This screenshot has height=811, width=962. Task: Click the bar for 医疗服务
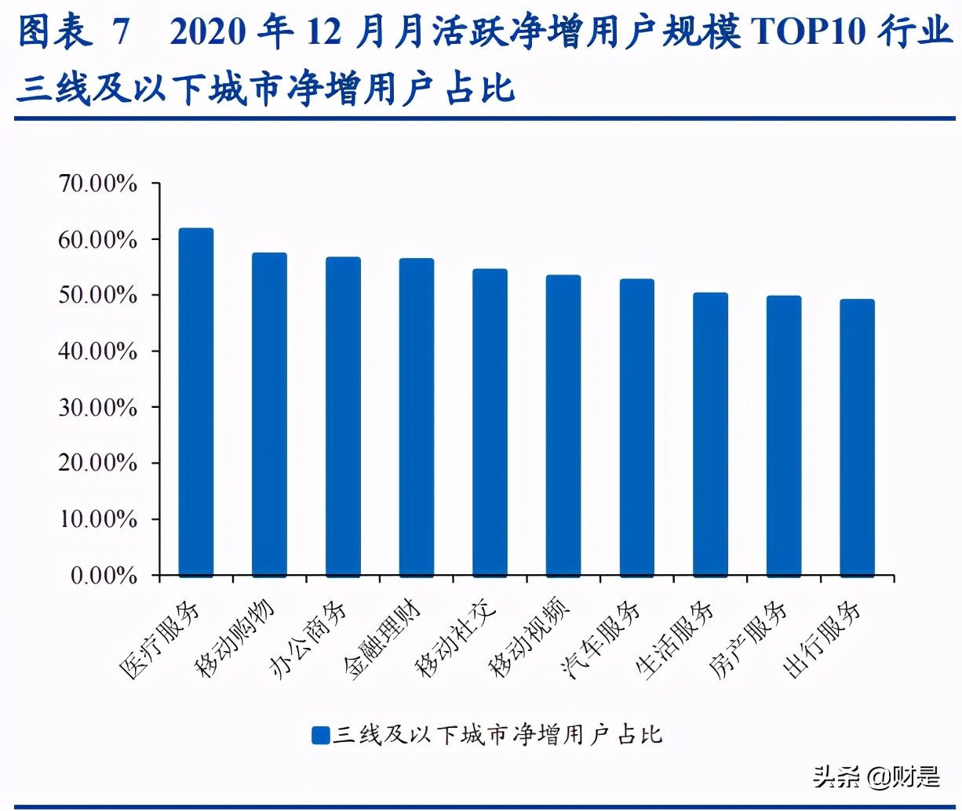pos(196,402)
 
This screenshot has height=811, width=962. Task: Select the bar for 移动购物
pos(269,415)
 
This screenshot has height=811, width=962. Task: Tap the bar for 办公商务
pos(343,417)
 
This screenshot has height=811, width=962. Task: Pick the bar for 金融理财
pos(417,418)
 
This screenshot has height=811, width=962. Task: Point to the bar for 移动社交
pos(490,423)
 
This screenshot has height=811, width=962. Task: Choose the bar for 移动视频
pos(563,426)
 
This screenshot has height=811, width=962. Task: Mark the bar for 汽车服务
pos(636,428)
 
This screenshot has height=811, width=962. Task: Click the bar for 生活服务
pos(710,435)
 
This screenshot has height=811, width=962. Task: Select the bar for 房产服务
pos(784,436)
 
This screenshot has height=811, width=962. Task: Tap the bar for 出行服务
pos(857,438)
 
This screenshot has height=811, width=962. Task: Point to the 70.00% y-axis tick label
pos(98,184)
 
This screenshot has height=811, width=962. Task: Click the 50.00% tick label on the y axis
pos(98,296)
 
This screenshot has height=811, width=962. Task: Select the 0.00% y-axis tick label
pos(104,576)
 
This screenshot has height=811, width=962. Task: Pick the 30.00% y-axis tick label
pos(98,408)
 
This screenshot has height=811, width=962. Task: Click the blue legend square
pos(320,735)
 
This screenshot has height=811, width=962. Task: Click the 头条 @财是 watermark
pos(876,776)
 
